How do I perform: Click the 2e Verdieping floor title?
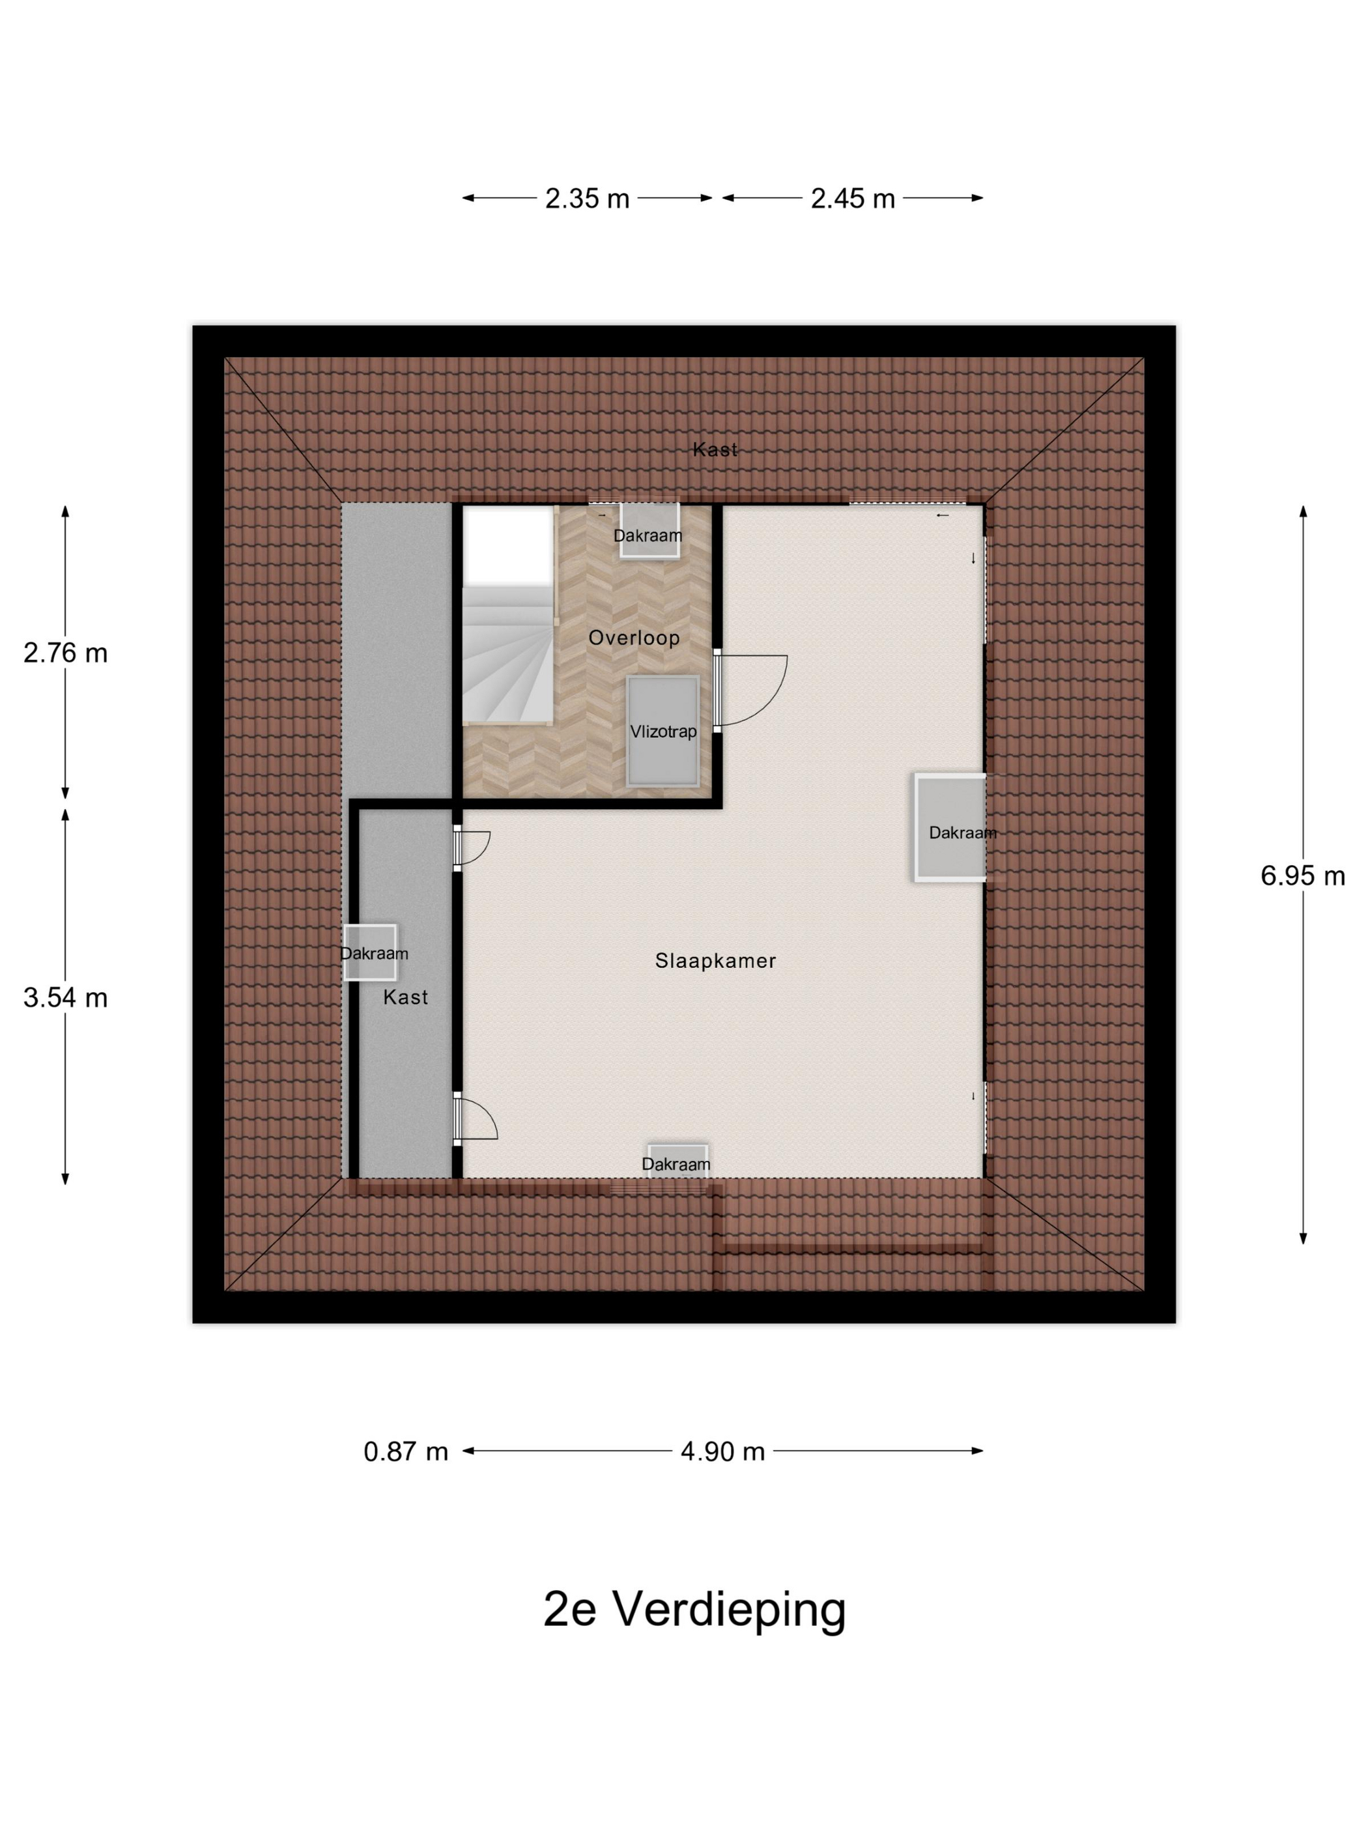tap(694, 1609)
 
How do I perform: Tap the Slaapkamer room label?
tap(715, 961)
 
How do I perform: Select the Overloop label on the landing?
tap(633, 637)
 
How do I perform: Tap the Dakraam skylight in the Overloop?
tap(649, 532)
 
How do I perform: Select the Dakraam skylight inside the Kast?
tap(371, 952)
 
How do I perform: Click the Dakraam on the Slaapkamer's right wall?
tap(950, 828)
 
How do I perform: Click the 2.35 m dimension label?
tap(587, 199)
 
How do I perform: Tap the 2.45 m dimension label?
tap(853, 199)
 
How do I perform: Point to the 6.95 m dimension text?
tap(1302, 876)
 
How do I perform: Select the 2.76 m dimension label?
tap(65, 653)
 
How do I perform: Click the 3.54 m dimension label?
tap(65, 998)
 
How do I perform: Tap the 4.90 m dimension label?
tap(722, 1451)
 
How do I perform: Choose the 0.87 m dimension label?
tap(406, 1451)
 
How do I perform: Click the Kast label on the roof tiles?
tap(715, 449)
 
